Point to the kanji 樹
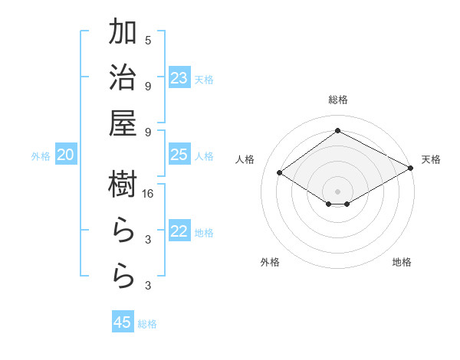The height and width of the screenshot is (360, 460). point(123,185)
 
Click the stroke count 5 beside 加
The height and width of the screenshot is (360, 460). point(148,41)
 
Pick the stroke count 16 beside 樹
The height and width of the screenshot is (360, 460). point(148,195)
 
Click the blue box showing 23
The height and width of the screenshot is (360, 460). point(179,78)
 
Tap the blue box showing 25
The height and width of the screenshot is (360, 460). point(179,155)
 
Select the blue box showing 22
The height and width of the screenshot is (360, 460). point(179,232)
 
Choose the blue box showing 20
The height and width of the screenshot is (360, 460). point(65,155)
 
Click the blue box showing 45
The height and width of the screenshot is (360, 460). point(123,322)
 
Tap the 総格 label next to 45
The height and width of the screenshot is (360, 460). point(147,324)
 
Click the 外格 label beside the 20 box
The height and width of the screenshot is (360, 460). point(41,156)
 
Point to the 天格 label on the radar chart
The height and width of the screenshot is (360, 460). point(431,159)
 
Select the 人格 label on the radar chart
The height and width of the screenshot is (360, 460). point(245,159)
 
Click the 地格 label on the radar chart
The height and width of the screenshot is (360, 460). point(402,262)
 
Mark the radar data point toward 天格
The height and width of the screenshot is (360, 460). point(412,168)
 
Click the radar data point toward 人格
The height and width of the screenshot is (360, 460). point(280,173)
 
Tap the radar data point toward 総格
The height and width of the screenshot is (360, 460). point(337,130)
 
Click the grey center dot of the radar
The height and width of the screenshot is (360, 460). point(337,191)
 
